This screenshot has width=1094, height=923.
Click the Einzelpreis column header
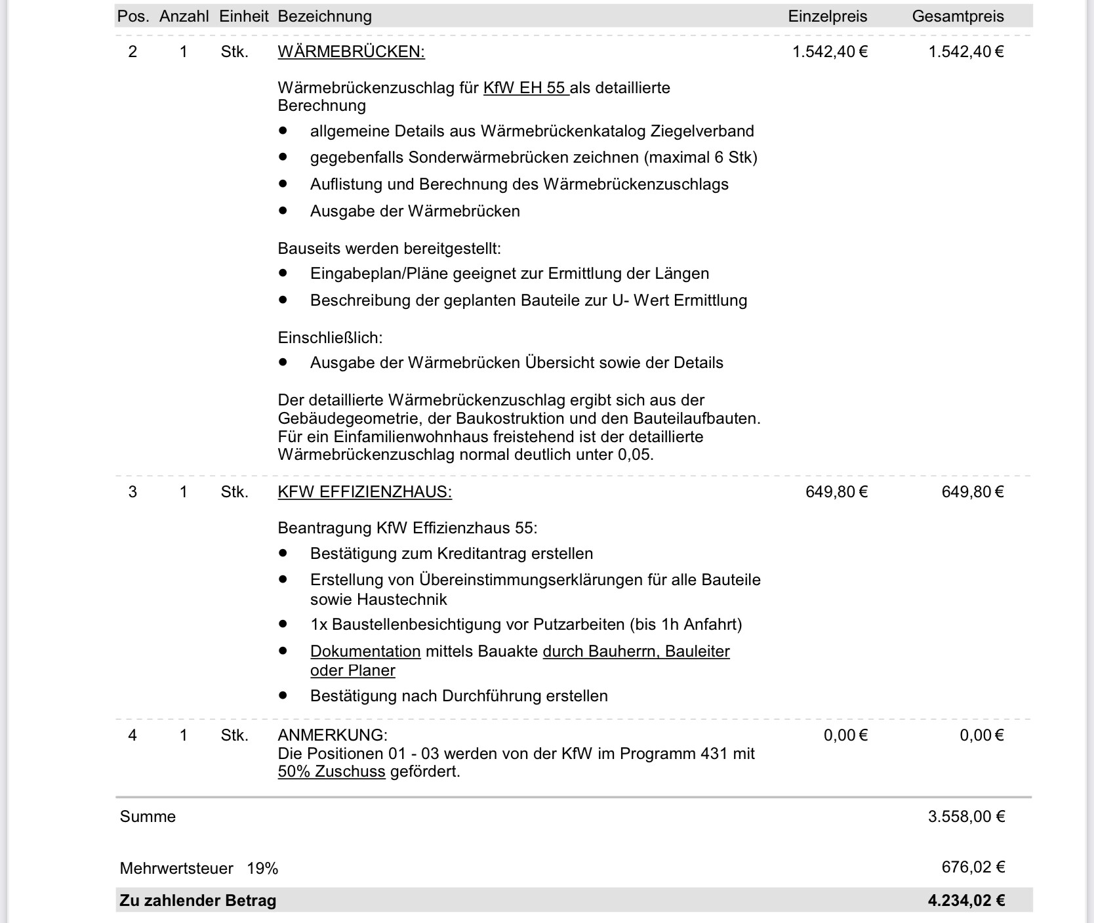point(827,16)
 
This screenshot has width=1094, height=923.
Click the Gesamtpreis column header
point(958,16)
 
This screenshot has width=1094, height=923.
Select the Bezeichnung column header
point(325,16)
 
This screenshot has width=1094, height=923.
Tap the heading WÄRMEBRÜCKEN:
point(351,52)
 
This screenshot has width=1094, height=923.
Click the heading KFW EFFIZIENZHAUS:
point(365,492)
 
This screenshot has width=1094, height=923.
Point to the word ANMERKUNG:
point(333,735)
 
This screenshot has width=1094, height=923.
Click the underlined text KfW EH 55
point(525,88)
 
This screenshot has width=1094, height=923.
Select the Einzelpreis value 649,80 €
point(836,492)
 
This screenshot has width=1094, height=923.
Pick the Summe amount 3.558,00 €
point(966,817)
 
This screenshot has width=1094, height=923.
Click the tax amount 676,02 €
point(973,867)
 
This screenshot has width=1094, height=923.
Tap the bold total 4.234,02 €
point(966,901)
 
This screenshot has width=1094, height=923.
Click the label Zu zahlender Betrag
point(197,901)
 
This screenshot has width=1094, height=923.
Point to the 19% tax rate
point(262,869)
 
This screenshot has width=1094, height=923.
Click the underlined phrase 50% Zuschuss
point(331,771)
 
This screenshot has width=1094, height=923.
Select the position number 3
point(132,492)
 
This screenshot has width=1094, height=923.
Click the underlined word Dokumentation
point(365,651)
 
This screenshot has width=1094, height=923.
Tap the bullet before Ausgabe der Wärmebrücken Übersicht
point(283,362)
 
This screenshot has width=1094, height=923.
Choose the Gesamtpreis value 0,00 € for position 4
point(981,735)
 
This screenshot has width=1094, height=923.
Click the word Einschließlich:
point(330,338)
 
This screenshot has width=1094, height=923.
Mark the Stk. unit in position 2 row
point(234,52)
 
